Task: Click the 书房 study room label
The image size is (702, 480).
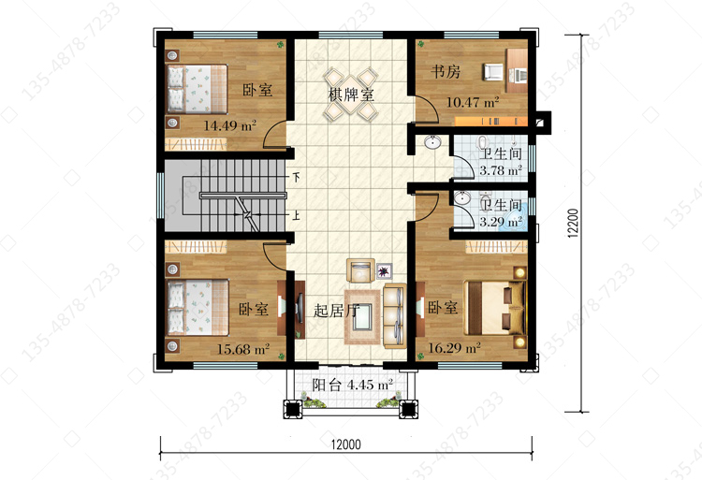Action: click(446, 71)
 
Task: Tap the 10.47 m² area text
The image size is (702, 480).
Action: click(473, 102)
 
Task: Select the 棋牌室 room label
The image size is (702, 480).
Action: click(351, 95)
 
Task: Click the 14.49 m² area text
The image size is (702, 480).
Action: click(229, 125)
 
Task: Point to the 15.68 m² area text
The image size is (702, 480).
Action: click(243, 349)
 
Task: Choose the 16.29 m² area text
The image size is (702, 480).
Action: click(454, 347)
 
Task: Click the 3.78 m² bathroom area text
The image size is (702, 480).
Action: click(501, 170)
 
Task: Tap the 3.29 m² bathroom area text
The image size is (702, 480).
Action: click(501, 222)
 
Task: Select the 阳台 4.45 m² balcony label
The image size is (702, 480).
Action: click(352, 385)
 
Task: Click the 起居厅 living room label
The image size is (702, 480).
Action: click(336, 311)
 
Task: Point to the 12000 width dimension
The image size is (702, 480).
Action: click(346, 444)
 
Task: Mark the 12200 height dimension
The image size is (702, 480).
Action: click(573, 223)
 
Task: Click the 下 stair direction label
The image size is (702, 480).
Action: click(297, 177)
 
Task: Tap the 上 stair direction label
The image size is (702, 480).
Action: click(297, 215)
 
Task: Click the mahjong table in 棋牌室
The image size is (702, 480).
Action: click(351, 95)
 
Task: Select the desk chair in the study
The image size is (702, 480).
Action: click(492, 72)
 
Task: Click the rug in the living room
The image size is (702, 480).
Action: click(362, 316)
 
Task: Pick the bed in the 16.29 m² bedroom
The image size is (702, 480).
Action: click(495, 308)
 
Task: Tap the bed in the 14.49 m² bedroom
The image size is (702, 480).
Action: click(197, 89)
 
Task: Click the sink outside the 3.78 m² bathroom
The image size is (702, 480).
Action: click(432, 143)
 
